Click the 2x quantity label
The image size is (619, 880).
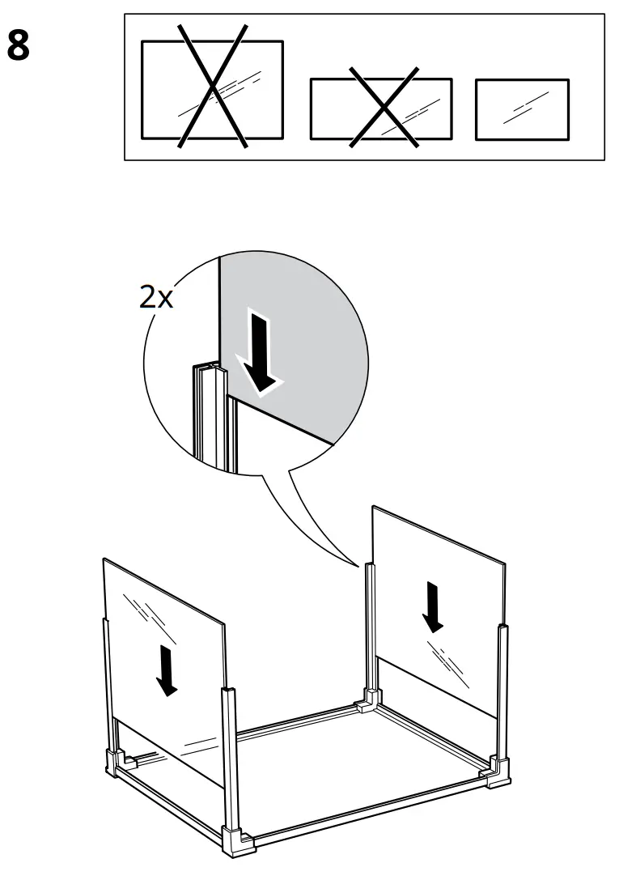coord(156,297)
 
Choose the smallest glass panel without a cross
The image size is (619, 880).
coord(521,108)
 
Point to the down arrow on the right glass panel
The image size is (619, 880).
coord(434,608)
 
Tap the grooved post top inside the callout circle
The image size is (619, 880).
coord(209,373)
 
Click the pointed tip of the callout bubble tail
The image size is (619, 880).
coord(361,567)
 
